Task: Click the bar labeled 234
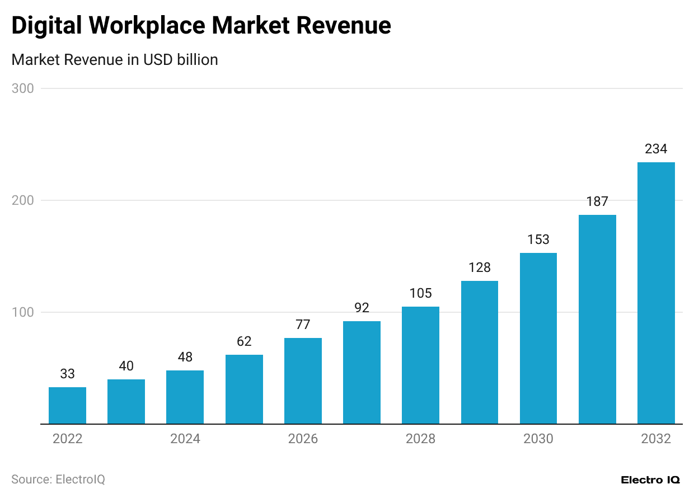656,293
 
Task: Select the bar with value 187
597,319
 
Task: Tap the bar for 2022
67,405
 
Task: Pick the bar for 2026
303,380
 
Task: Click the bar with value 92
362,372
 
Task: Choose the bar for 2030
538,338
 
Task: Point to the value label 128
479,267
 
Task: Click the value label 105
420,293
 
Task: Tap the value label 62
244,341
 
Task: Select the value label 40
126,366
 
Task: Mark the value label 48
185,357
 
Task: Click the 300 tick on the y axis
23,88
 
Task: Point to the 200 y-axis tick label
23,200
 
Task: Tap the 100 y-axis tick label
23,312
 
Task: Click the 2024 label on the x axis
185,439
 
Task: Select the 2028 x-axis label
420,439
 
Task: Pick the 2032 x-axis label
656,439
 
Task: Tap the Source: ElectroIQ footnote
58,480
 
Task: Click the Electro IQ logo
650,480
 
